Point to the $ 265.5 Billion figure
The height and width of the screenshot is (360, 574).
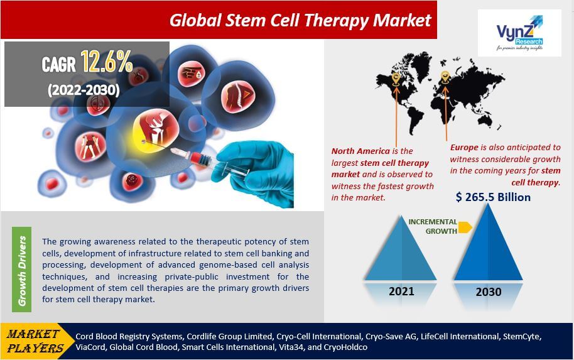(493, 197)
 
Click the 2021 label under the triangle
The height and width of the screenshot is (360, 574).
(401, 292)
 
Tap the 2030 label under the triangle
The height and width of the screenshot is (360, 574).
(488, 292)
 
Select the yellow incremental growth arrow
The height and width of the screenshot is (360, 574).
(465, 227)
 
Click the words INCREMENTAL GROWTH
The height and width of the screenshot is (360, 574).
(432, 226)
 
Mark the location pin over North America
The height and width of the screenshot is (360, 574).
(396, 79)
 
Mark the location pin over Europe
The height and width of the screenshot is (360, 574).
(445, 77)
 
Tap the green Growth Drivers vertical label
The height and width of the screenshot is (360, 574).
(22, 271)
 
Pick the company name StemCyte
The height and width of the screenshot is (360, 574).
(521, 336)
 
